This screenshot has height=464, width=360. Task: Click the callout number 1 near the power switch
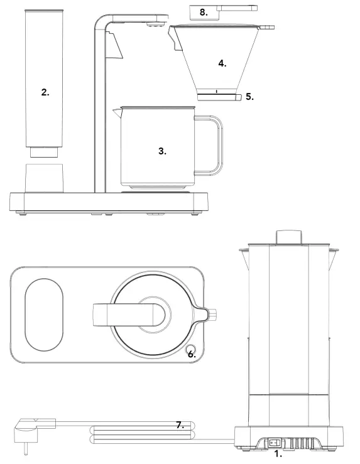pos(278,455)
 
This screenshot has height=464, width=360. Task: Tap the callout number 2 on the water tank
pos(45,92)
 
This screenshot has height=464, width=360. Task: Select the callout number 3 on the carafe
pos(162,151)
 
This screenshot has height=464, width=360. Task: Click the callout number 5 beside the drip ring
pos(249,97)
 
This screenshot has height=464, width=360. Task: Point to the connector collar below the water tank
pos(45,153)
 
